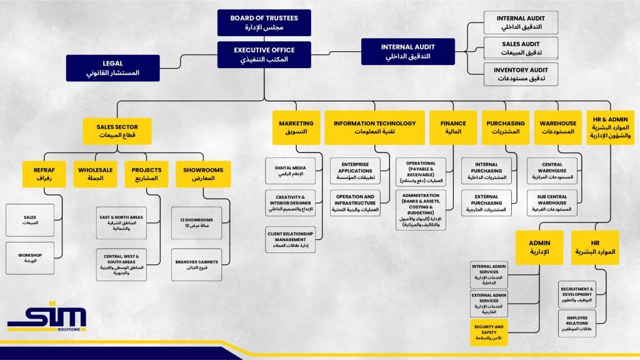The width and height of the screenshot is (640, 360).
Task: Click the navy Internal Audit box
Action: [407, 51]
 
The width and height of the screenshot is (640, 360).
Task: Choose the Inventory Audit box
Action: [520, 74]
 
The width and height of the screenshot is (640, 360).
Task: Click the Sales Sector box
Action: [119, 131]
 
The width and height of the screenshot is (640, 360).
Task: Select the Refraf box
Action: [44, 174]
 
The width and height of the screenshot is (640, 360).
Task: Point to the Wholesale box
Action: [96, 174]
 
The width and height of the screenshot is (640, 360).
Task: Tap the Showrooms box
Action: [202, 174]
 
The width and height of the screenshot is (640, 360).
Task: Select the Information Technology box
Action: [374, 127]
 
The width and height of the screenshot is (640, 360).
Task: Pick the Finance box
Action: [452, 127]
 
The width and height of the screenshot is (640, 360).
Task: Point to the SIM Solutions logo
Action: [47, 319]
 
